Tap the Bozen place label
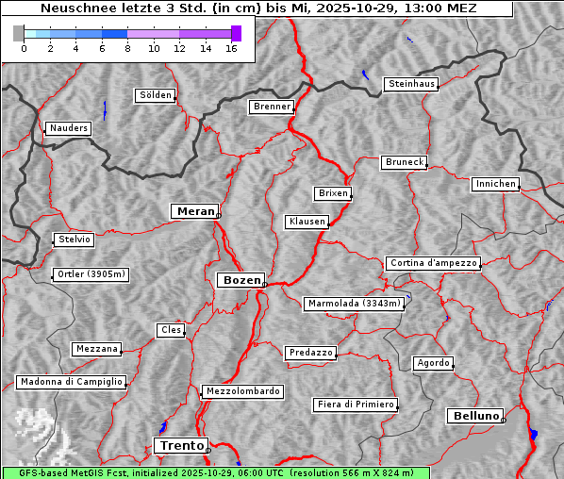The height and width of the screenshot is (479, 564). (240, 280)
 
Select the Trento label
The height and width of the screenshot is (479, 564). (180, 445)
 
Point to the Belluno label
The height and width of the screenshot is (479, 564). (474, 415)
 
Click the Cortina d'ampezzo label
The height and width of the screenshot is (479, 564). (433, 263)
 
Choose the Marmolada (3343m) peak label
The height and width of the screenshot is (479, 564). (355, 304)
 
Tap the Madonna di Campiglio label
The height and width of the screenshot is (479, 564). (71, 382)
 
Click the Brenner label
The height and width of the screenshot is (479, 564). (273, 107)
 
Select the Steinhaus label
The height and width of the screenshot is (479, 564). (412, 84)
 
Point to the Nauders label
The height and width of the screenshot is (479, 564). (68, 128)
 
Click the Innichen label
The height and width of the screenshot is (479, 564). (495, 184)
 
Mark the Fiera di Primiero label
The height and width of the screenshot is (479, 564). (356, 405)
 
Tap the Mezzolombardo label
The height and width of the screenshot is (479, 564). (241, 390)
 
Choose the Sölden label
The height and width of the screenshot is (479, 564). (156, 95)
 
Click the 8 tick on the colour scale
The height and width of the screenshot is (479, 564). (127, 48)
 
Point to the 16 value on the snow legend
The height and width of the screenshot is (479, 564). (230, 48)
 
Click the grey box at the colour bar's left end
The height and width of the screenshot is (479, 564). (19, 33)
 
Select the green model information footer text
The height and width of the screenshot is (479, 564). (216, 472)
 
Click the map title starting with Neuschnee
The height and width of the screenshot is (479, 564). (258, 8)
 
